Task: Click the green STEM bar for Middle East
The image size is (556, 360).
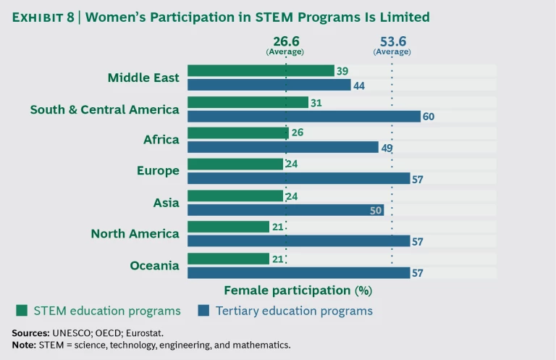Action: (x=261, y=70)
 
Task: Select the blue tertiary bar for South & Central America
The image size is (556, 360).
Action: (x=304, y=116)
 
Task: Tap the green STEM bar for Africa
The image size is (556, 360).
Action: (x=238, y=133)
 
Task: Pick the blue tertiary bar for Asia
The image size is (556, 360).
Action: (x=285, y=210)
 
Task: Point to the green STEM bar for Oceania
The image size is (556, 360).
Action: (x=228, y=259)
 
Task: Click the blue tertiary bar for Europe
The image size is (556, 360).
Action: (x=298, y=179)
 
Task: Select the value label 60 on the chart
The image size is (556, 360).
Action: (x=429, y=117)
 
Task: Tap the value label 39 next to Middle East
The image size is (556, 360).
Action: (x=342, y=70)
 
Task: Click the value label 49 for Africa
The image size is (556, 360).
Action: (x=387, y=148)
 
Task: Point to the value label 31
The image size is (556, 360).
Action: (x=316, y=102)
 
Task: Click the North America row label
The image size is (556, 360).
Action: (x=135, y=234)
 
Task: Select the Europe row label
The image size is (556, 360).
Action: (x=158, y=171)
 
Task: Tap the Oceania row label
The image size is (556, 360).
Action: (x=154, y=266)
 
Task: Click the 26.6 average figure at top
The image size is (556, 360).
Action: (x=286, y=42)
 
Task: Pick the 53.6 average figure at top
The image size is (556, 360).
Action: (x=392, y=42)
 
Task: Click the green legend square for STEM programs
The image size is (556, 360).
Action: (x=22, y=311)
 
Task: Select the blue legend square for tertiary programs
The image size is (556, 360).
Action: (x=203, y=311)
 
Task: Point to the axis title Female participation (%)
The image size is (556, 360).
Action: (x=298, y=290)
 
